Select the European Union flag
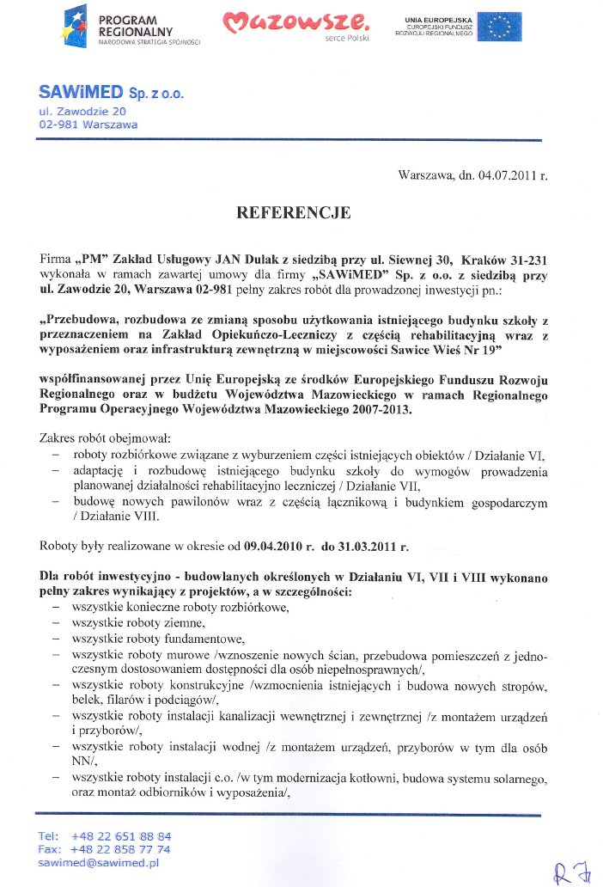[x=501, y=27]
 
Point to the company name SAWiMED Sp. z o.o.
[x=111, y=92]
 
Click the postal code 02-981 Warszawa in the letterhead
[x=87, y=124]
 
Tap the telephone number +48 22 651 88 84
[x=121, y=836]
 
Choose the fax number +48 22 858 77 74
[x=121, y=849]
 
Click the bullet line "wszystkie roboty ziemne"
[x=138, y=622]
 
